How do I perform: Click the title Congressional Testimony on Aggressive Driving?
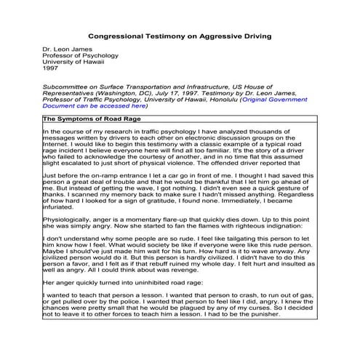point(179,35)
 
